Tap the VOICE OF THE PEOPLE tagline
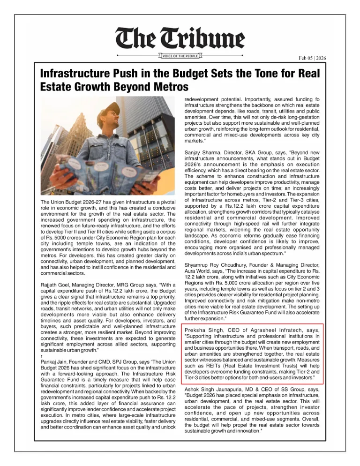180,57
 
